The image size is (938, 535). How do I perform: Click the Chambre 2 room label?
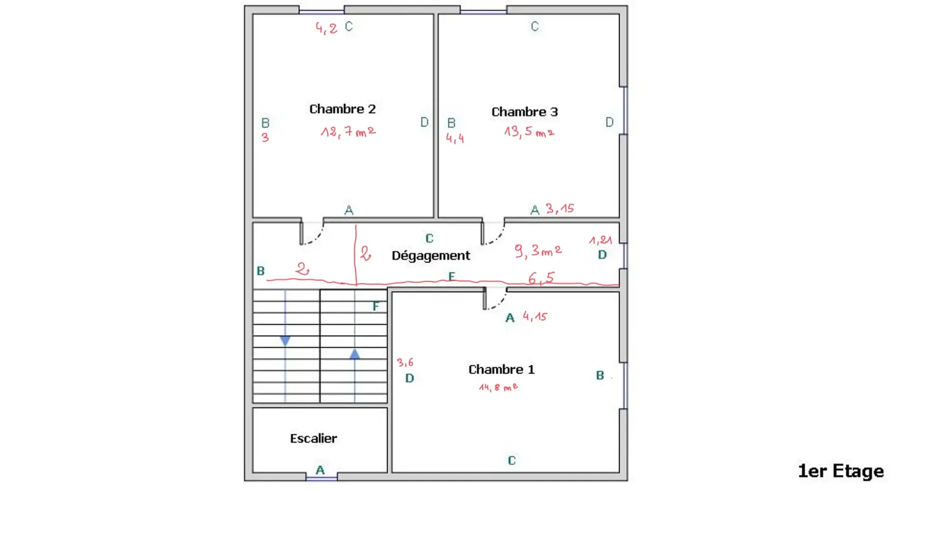tap(342, 109)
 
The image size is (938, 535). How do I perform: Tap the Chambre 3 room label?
tap(524, 112)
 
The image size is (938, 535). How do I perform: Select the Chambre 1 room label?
tap(501, 369)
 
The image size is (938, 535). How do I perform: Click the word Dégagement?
tap(430, 256)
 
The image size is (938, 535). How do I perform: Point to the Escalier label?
tap(313, 438)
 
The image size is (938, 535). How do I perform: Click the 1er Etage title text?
tap(840, 471)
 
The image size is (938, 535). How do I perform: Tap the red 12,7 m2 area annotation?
tap(348, 132)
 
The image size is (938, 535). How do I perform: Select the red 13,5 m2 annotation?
tap(529, 132)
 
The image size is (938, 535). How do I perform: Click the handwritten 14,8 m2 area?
tap(498, 387)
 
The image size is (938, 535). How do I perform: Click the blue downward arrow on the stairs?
tap(285, 340)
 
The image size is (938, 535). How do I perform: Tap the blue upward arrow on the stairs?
tap(355, 354)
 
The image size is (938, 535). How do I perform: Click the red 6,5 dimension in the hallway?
tap(541, 278)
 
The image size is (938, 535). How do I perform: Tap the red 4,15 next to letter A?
tap(535, 316)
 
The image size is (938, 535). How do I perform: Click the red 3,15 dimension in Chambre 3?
tap(559, 208)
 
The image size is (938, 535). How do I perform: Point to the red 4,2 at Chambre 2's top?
tap(326, 28)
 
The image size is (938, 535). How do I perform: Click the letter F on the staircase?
tap(376, 306)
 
